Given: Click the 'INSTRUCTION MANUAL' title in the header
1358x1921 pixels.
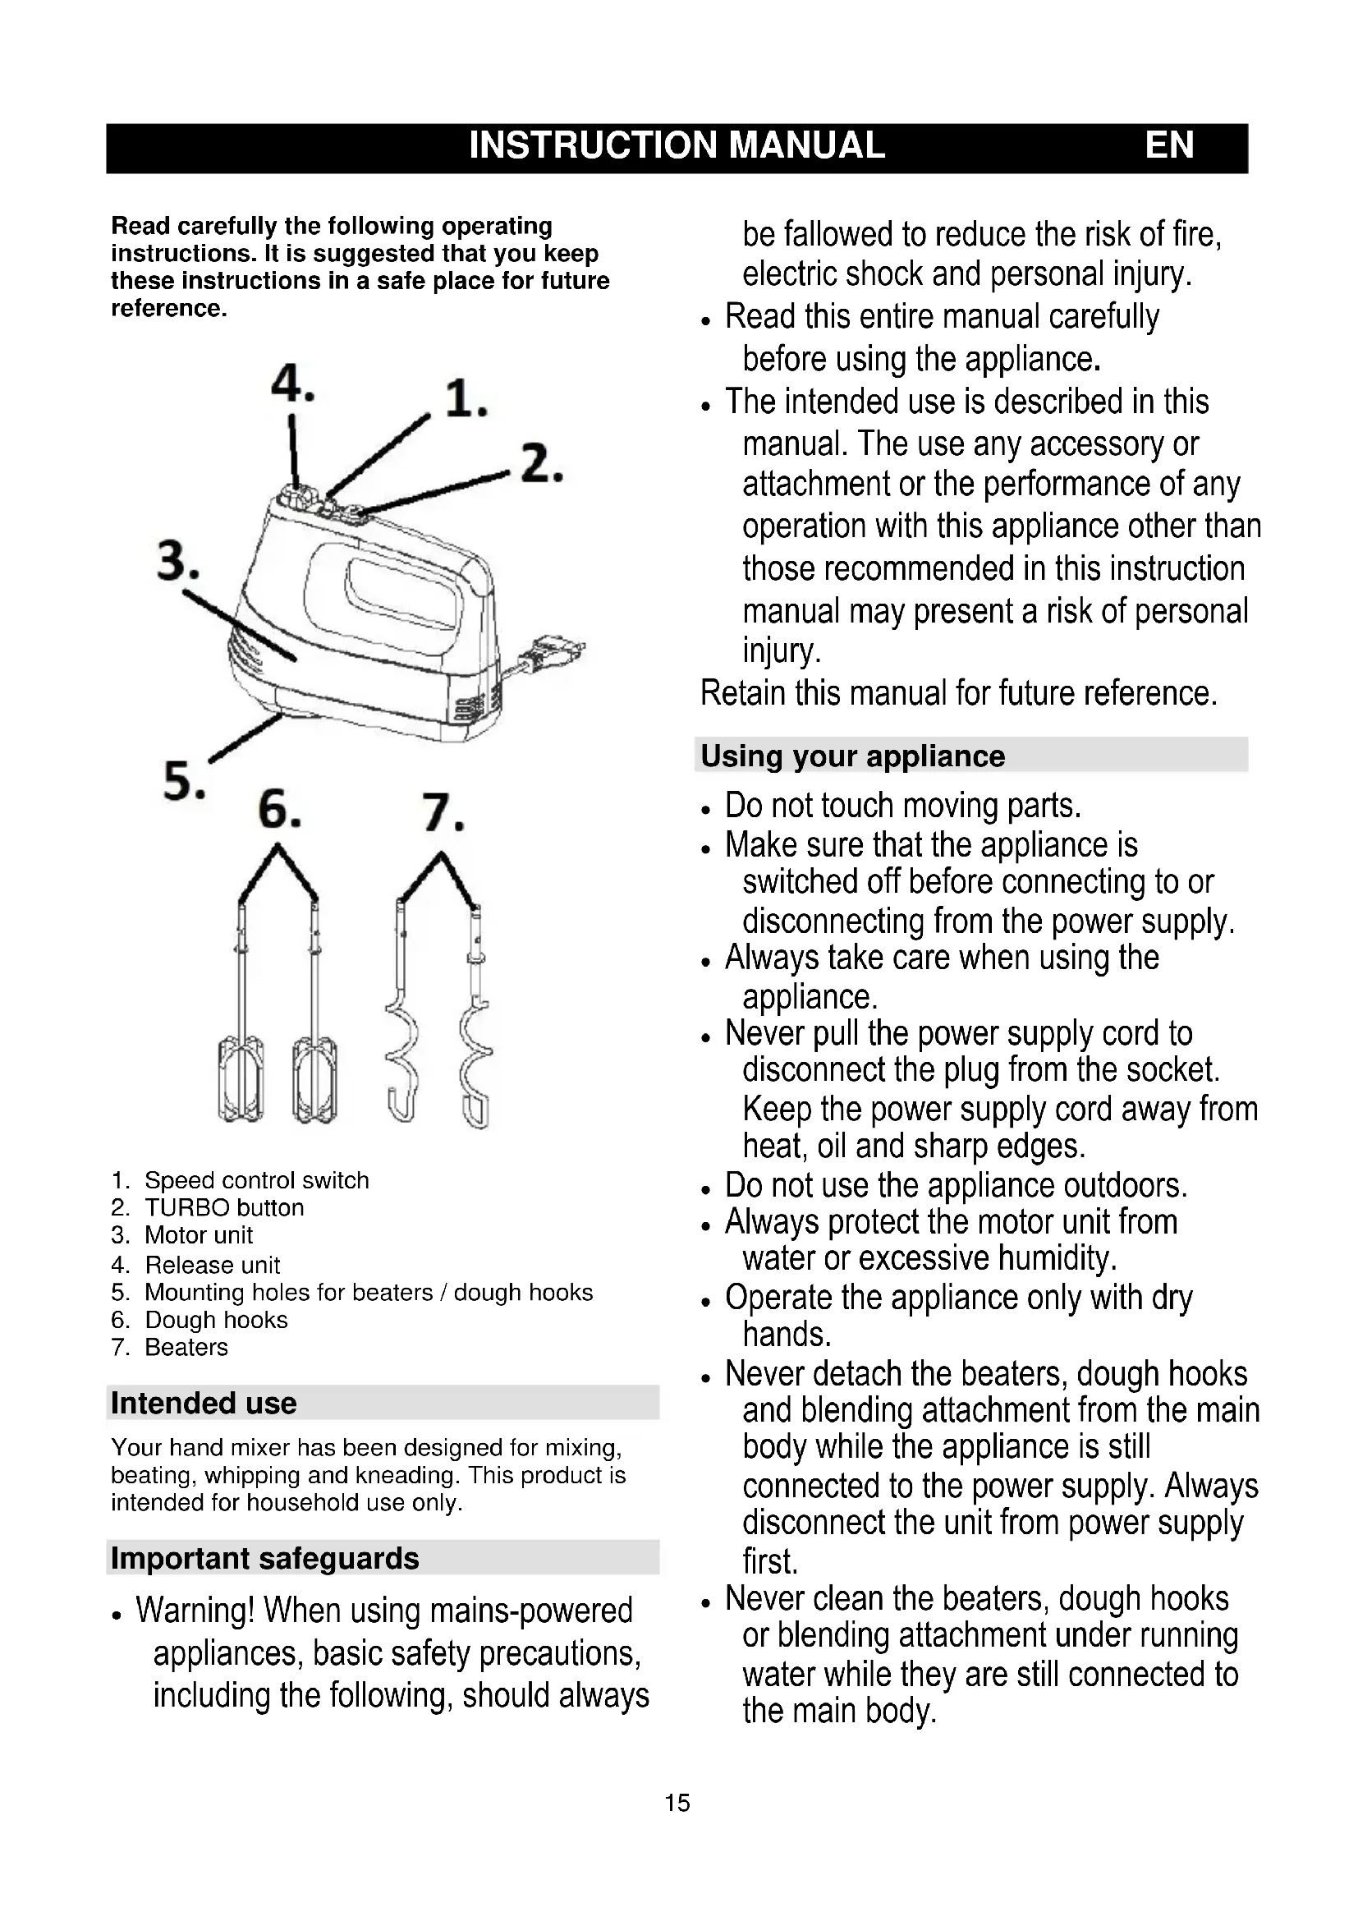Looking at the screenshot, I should click(677, 145).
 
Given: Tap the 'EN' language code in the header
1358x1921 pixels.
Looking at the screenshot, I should click(1169, 145).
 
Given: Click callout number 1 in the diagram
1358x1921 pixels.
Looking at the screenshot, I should click(465, 399).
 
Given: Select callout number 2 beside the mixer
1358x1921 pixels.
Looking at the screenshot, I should click(541, 464).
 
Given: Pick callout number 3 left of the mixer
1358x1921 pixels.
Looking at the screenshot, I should click(178, 562).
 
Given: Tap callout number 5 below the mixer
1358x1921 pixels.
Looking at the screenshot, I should click(183, 781).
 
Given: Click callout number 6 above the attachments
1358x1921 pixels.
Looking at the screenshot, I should click(278, 811).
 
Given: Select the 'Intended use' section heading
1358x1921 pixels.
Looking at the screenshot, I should click(203, 1403).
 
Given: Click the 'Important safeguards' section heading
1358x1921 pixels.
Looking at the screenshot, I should click(264, 1559).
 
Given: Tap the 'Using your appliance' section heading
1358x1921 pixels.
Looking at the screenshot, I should click(852, 756).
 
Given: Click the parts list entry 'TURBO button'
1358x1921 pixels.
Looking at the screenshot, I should click(223, 1208).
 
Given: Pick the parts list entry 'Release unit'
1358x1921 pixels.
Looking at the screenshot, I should click(212, 1265).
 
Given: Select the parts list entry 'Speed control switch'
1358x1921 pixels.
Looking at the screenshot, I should click(256, 1180).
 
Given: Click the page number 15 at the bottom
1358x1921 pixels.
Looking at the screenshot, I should click(677, 1803).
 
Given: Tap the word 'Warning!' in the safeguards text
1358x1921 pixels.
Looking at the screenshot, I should click(195, 1611).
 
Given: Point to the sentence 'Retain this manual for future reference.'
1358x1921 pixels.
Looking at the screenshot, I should click(958, 694).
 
